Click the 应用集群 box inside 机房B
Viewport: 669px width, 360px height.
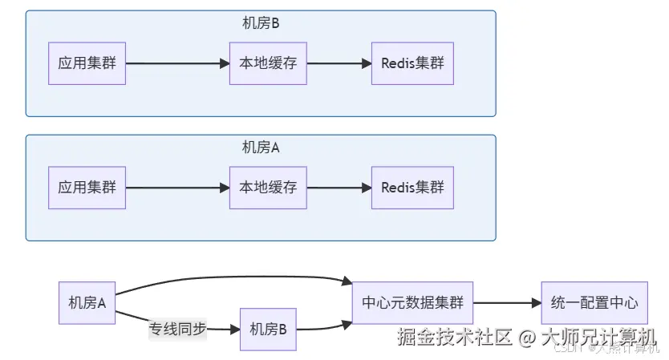pos(87,63)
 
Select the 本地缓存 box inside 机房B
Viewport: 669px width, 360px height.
pos(268,63)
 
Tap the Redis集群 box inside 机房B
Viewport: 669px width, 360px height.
pos(412,63)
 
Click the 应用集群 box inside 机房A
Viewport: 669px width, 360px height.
pos(87,188)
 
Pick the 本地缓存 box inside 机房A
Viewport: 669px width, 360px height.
pos(268,188)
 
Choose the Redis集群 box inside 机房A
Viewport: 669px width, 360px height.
pos(412,188)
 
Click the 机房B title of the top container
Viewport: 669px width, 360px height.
pos(261,23)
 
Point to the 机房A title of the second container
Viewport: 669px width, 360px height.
pos(261,148)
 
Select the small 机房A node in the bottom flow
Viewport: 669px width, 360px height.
pos(87,303)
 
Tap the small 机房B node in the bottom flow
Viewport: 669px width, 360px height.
pos(268,329)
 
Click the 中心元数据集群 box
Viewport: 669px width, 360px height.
pos(412,303)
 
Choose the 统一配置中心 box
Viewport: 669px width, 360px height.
pos(594,303)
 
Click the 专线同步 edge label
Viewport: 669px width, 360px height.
pos(176,329)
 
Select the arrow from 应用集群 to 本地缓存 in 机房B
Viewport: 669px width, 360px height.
pos(176,63)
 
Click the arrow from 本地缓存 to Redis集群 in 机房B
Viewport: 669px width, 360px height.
pos(339,63)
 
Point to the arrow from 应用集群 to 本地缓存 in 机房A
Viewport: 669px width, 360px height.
pos(176,188)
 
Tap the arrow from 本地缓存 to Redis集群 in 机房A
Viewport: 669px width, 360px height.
pos(339,188)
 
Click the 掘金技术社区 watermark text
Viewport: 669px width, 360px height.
pos(453,337)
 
